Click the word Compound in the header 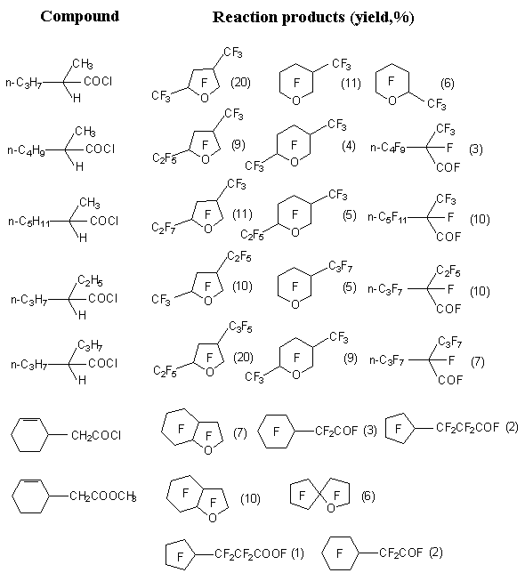click(x=80, y=17)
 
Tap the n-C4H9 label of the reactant click(x=26, y=150)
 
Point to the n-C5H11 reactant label click(x=28, y=222)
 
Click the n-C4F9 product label click(x=388, y=149)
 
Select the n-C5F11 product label click(x=387, y=217)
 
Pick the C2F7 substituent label click(x=164, y=229)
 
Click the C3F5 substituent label click(x=240, y=327)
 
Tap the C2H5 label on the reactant click(x=90, y=280)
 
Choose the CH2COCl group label click(x=95, y=435)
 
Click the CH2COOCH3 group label click(x=102, y=496)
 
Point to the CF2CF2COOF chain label click(x=250, y=553)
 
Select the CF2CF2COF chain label click(x=467, y=428)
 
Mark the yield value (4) click(x=349, y=146)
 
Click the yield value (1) click(x=297, y=553)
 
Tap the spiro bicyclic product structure click(x=319, y=496)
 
